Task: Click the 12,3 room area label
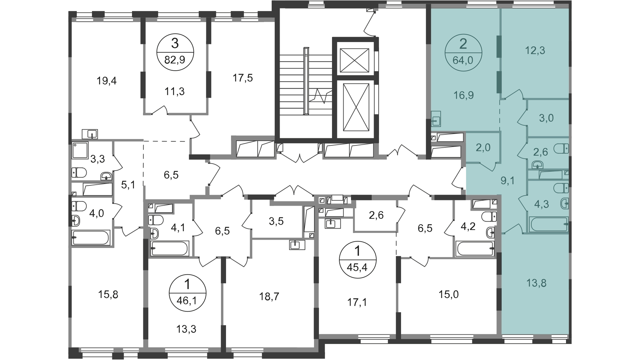[535, 51]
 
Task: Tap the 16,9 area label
[463, 95]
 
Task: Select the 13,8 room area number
[536, 283]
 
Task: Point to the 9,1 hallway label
[508, 181]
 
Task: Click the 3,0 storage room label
[546, 118]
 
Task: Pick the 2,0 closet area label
[483, 147]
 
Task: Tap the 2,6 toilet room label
[540, 152]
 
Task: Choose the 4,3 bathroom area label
[541, 204]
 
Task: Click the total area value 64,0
[463, 61]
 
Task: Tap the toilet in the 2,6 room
[561, 148]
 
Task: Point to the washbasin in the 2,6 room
[537, 165]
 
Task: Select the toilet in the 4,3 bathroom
[561, 188]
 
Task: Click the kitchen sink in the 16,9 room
[436, 119]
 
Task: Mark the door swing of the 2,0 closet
[488, 166]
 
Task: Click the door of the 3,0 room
[522, 117]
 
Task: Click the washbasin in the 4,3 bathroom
[564, 203]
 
